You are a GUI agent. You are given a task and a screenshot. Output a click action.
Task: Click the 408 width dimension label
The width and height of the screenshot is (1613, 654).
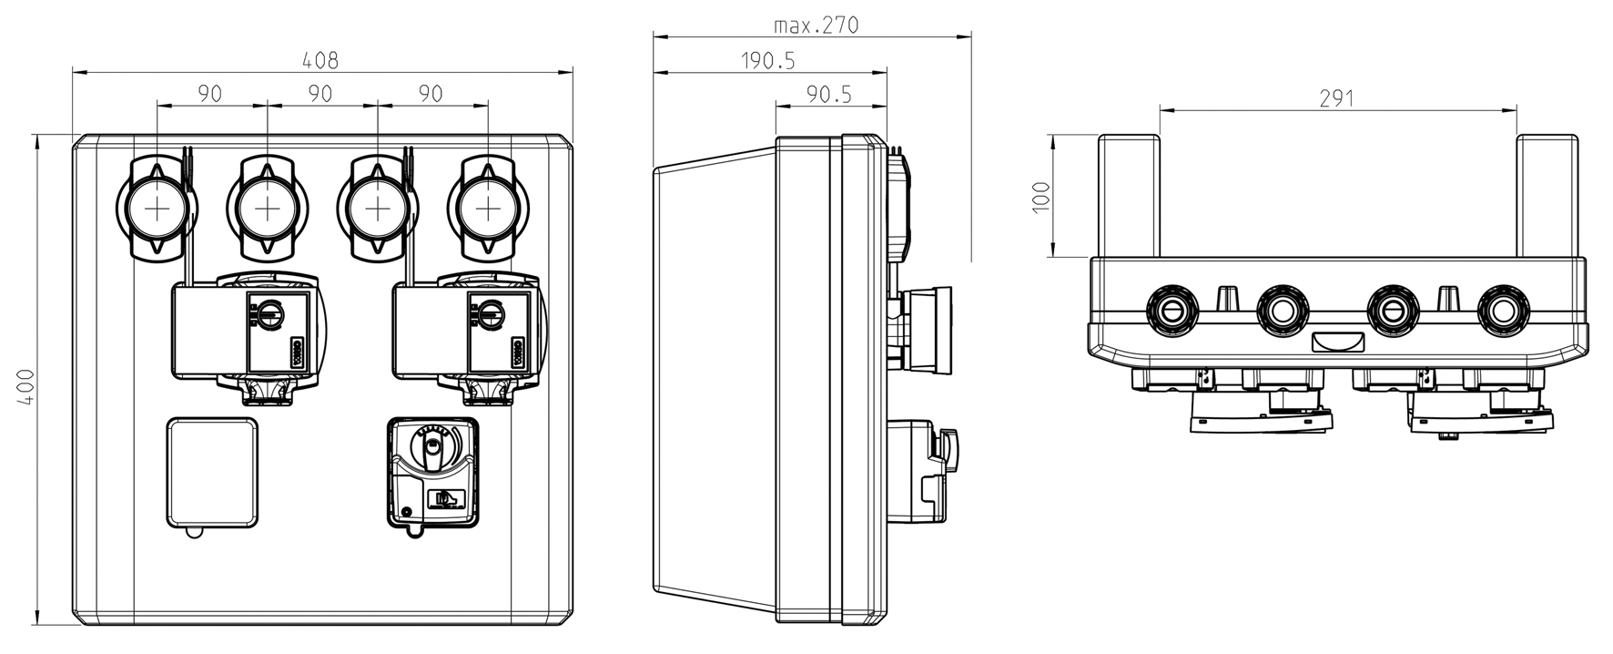point(320,60)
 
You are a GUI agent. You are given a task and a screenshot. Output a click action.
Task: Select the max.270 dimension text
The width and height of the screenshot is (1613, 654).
point(816,25)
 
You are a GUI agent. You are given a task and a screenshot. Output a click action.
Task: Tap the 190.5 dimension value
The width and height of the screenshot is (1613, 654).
point(767,60)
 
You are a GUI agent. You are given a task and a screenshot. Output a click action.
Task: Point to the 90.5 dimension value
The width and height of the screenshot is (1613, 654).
point(829,94)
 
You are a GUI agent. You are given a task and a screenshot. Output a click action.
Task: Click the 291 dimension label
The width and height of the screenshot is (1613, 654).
point(1336,98)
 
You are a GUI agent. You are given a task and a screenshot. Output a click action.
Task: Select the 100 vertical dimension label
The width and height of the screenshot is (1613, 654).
point(1042,196)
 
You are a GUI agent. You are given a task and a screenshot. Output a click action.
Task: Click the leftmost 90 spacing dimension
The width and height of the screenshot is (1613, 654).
point(210,94)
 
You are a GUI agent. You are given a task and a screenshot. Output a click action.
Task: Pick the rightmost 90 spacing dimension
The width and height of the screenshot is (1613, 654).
point(431,94)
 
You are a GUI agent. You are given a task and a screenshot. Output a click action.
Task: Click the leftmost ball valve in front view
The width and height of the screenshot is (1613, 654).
point(157,209)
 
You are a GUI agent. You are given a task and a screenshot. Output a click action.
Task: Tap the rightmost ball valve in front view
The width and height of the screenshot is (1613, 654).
point(488,209)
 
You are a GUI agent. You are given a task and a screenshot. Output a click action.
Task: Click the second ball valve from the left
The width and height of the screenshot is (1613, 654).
point(267,209)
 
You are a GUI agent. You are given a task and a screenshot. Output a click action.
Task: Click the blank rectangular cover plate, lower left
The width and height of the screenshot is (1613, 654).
point(212,472)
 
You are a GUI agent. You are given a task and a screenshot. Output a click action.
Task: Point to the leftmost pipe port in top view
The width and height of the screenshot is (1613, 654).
point(1172,311)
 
